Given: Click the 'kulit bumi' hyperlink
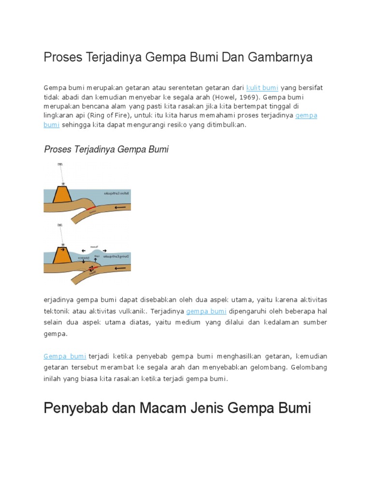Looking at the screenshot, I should [262, 87].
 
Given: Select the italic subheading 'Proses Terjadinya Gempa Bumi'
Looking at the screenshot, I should [106, 149].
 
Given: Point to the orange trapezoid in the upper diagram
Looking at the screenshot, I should [62, 194].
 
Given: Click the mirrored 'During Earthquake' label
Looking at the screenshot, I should [117, 256].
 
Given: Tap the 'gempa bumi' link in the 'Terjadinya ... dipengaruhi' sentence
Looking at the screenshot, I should [206, 311].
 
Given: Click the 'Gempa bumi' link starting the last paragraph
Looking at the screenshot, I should [65, 356].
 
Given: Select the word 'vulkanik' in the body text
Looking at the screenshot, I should [129, 311].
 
